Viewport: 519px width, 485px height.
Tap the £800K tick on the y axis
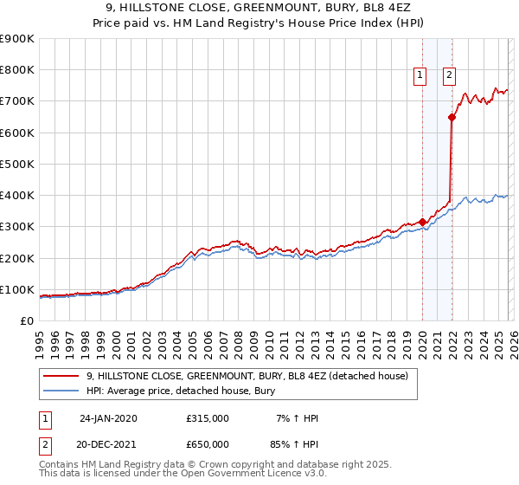tap(17, 70)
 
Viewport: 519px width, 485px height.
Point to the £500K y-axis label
tap(17, 164)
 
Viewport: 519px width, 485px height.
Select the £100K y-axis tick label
tap(17, 289)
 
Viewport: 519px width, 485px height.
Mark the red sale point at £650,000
tap(452, 117)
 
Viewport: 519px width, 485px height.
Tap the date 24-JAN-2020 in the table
tap(108, 418)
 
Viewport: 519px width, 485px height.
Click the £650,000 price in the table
tap(208, 443)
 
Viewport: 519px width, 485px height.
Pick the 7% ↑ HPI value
tap(298, 418)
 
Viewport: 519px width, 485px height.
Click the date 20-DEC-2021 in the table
tap(108, 443)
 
